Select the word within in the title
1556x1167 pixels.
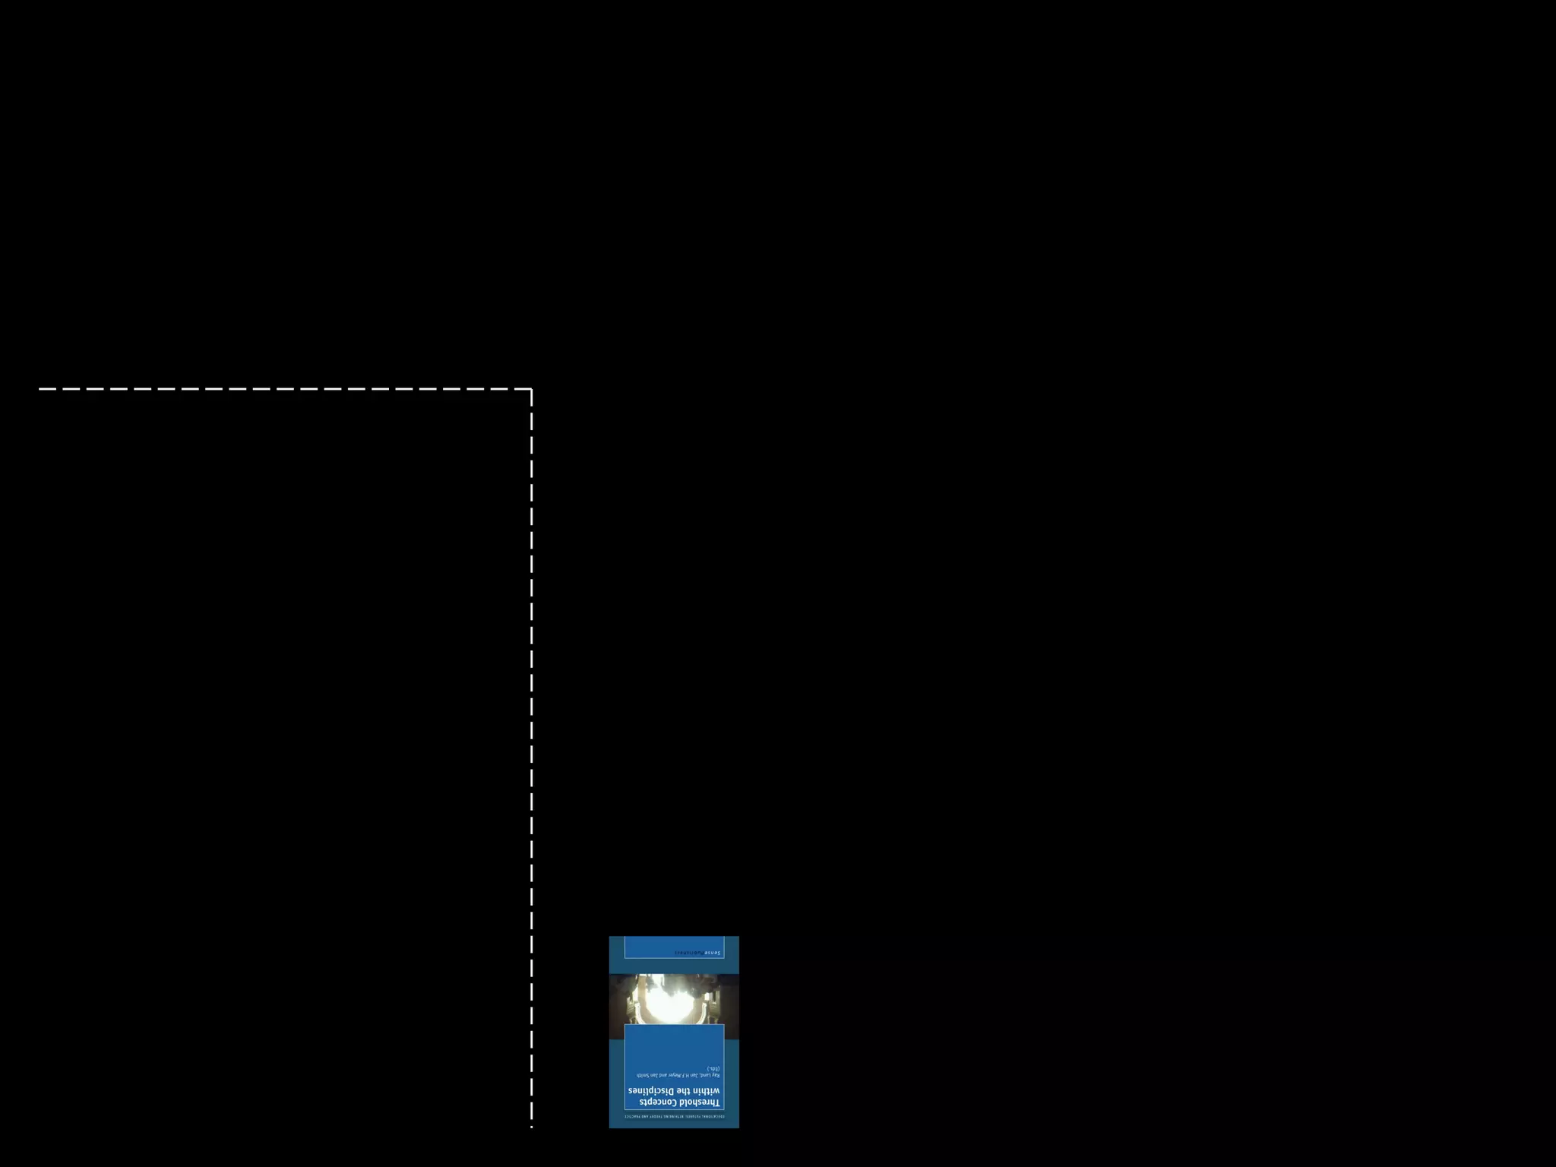705,1091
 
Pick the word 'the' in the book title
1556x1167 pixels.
683,1091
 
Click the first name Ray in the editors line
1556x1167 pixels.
716,1075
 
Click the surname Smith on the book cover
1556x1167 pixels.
642,1075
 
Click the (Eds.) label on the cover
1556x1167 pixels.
713,1068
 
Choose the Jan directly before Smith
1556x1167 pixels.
653,1075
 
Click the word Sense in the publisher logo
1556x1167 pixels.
712,952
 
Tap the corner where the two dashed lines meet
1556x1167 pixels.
531,389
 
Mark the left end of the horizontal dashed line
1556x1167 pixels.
40,389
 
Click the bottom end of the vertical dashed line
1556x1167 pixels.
531,1127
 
